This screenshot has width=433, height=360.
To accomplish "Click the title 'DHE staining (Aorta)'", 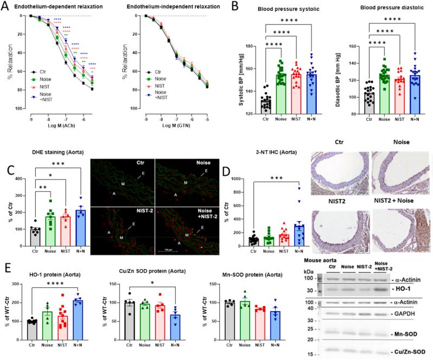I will [50, 160].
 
